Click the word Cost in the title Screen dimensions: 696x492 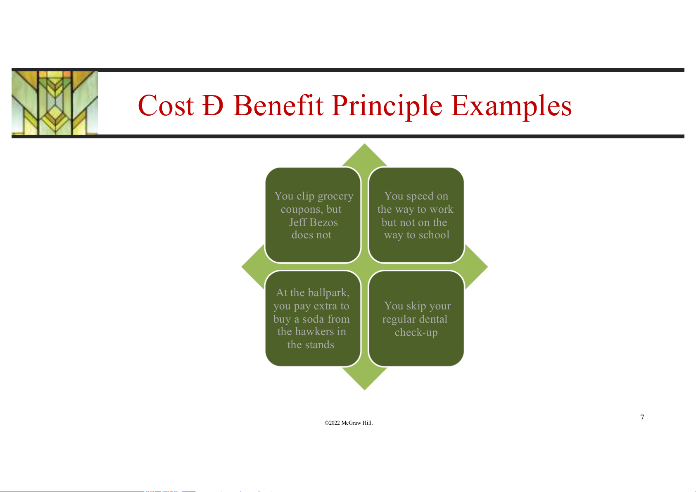click(x=166, y=105)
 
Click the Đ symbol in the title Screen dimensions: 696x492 click(x=213, y=105)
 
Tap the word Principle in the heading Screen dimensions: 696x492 click(x=387, y=107)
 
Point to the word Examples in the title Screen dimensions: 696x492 click(x=511, y=107)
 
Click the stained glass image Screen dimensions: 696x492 click(x=55, y=103)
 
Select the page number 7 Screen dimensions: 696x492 click(x=642, y=417)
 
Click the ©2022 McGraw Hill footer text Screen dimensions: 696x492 click(x=348, y=423)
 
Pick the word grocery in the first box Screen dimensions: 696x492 click(x=335, y=197)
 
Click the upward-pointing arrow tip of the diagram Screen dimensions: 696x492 click(x=364, y=144)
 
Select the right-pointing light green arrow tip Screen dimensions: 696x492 click(x=487, y=267)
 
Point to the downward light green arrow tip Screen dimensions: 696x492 click(x=364, y=390)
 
